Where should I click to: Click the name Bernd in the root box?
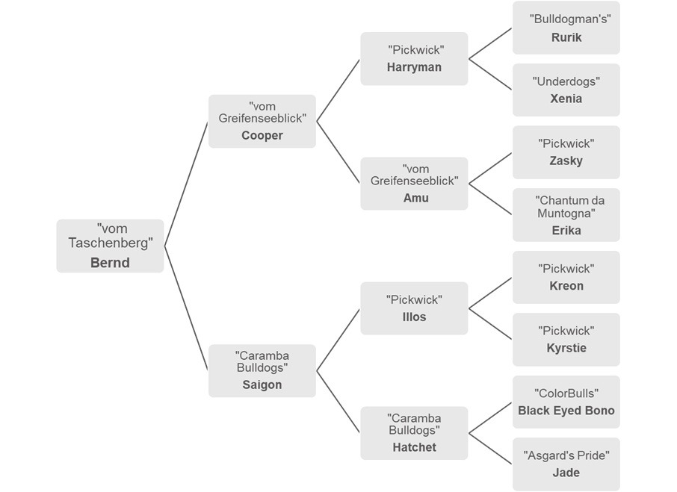[x=110, y=263]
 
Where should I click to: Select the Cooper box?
[x=262, y=121]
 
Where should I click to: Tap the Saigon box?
[x=262, y=370]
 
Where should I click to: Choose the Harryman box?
[x=414, y=58]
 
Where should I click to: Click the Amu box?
[x=414, y=183]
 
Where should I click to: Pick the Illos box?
[x=414, y=308]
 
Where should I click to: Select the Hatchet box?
[x=414, y=432]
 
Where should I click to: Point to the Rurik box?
[x=566, y=28]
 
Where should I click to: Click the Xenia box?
[x=566, y=90]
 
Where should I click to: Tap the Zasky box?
[x=566, y=152]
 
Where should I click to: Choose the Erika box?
[x=566, y=215]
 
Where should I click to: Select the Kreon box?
[x=566, y=277]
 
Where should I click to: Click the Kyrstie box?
[x=566, y=340]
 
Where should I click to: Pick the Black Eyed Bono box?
[x=566, y=402]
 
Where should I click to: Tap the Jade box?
[x=566, y=464]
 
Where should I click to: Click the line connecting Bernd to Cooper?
[x=186, y=184]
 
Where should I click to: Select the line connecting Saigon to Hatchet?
[x=338, y=402]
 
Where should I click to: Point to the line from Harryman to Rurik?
[x=490, y=43]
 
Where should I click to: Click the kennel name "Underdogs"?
[x=566, y=81]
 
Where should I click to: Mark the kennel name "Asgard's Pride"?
[x=566, y=455]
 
